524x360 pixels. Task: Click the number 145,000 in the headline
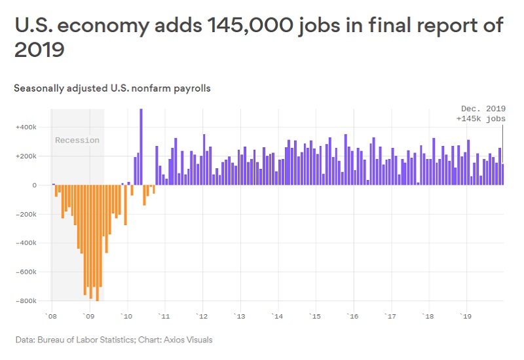tap(246, 26)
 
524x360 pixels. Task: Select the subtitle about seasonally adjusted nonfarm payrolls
tap(112, 88)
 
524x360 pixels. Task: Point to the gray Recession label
tap(77, 140)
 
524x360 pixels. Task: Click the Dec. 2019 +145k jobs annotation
tap(481, 114)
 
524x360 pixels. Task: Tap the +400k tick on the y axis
tap(26, 127)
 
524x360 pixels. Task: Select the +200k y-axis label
tap(26, 156)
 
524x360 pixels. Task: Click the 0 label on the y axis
tap(34, 185)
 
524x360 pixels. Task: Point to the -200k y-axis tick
tap(26, 214)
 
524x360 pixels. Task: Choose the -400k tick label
tap(26, 243)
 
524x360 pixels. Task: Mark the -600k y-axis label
tap(26, 272)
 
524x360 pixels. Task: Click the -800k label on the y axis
tap(26, 301)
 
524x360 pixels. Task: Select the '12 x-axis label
tap(202, 316)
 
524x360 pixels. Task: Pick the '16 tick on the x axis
tap(353, 316)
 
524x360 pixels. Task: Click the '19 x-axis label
tap(466, 316)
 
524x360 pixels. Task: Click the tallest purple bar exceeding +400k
tap(141, 147)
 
